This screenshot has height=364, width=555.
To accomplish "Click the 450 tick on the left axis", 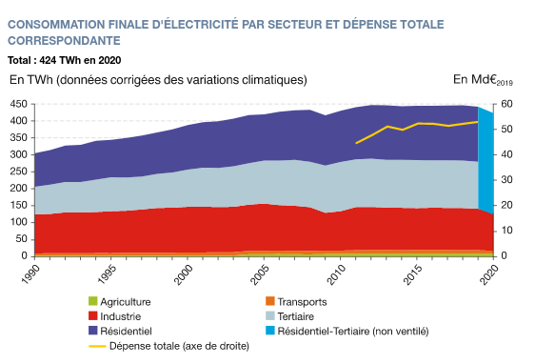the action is click(x=18, y=104).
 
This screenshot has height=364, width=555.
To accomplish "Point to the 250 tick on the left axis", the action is click(x=18, y=172).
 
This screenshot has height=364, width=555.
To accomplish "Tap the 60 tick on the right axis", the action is click(x=506, y=104).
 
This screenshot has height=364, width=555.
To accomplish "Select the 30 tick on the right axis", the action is click(x=506, y=180).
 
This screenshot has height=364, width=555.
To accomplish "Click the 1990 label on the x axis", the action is click(x=31, y=274).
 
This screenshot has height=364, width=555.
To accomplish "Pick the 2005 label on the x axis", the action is click(x=260, y=274).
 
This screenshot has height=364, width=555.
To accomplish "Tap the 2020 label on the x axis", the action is click(x=489, y=274).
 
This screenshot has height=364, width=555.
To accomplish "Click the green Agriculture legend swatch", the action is click(x=92, y=301).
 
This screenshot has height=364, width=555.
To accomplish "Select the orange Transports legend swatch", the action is click(x=270, y=301).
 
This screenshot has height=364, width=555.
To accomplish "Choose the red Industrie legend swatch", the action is click(x=92, y=315).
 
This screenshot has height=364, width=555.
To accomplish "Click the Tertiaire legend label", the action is click(x=295, y=316).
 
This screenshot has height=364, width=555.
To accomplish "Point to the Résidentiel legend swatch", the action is click(x=92, y=331).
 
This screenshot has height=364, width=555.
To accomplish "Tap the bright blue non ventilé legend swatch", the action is click(x=270, y=331).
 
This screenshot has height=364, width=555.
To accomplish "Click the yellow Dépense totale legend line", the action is click(x=97, y=346).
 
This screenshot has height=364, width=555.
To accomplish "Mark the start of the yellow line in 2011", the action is click(x=356, y=143).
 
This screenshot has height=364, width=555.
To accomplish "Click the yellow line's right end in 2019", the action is click(x=478, y=122).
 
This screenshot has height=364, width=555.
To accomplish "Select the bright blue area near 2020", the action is click(x=486, y=159).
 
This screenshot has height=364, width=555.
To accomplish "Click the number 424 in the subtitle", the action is click(x=48, y=60).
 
